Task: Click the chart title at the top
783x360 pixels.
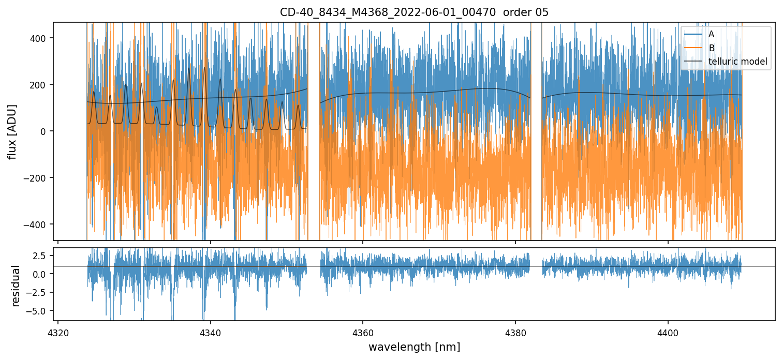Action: tap(414, 12)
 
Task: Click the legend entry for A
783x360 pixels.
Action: tap(711, 34)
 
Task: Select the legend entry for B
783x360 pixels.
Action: tap(711, 48)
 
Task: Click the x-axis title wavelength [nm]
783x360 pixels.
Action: tap(414, 347)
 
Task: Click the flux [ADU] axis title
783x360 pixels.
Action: tap(12, 131)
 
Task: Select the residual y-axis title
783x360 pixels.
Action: tap(16, 286)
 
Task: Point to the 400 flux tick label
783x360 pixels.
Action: tap(40, 38)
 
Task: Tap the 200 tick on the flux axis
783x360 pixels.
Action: tap(40, 85)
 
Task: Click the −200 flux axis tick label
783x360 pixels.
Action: tap(37, 178)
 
